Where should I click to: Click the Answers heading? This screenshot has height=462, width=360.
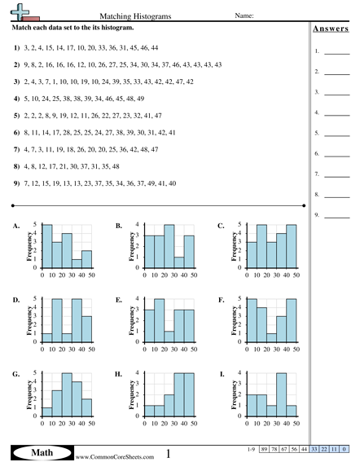click(331, 30)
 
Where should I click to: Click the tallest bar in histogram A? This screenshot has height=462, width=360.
click(46, 245)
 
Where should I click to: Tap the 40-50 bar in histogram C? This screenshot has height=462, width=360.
click(292, 245)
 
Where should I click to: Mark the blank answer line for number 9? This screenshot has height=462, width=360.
click(336, 215)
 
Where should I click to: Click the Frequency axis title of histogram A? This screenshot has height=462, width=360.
click(28, 245)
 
